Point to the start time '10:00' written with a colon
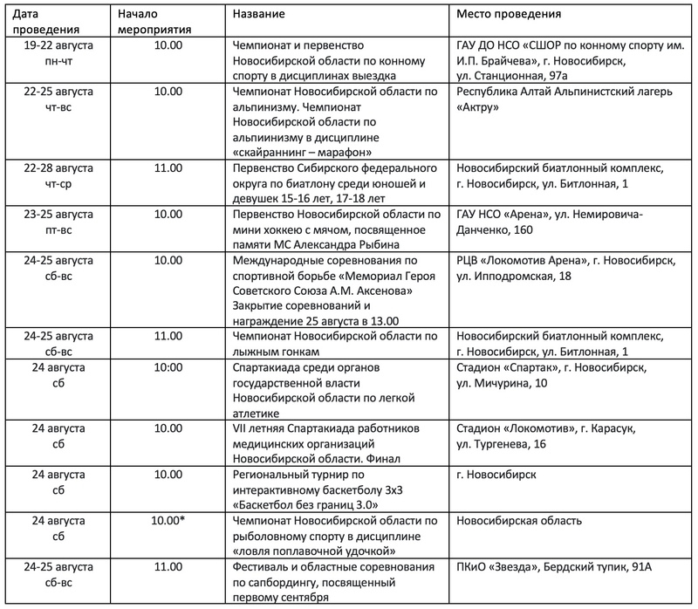[165, 367]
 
